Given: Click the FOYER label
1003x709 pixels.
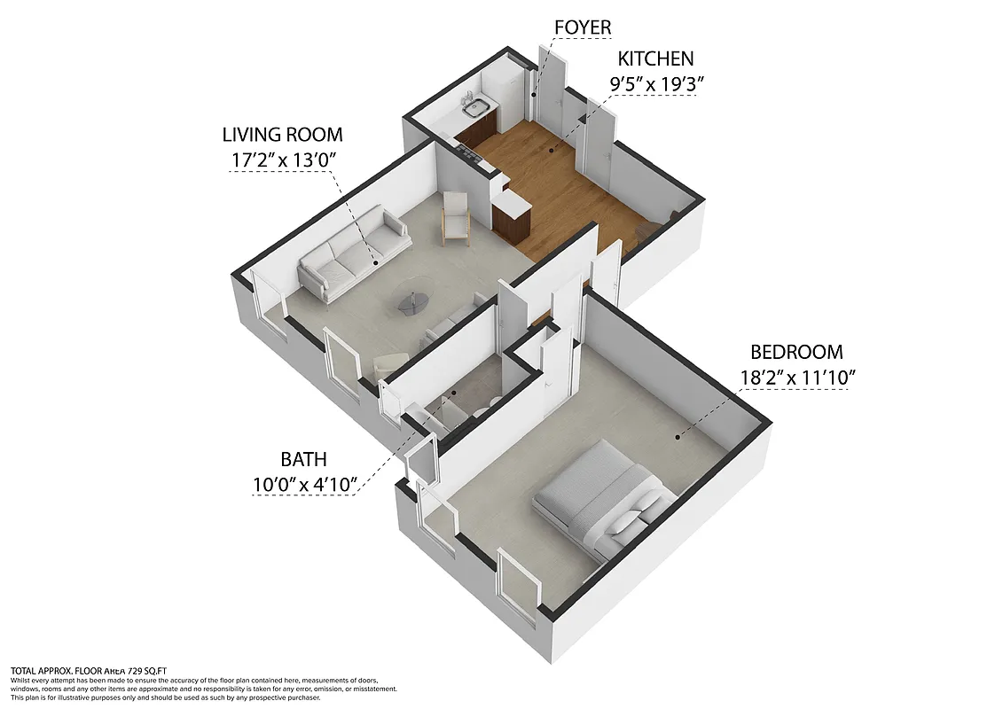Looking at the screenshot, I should tap(582, 27).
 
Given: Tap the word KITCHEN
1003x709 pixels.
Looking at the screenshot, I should tap(655, 59).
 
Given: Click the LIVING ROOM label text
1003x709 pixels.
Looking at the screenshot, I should tap(282, 135).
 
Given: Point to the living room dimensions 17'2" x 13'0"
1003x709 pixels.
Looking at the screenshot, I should tap(282, 160).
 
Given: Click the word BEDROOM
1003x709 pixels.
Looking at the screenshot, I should tap(796, 352).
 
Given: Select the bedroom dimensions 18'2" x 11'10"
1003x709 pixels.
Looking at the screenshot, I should tap(796, 377).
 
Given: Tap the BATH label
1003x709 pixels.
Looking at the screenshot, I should tap(304, 459).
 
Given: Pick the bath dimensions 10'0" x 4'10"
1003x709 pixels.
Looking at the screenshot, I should tap(304, 484).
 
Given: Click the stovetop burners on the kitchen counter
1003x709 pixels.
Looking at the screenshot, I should tap(466, 152).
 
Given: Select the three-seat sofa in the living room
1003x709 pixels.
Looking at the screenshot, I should tap(353, 252).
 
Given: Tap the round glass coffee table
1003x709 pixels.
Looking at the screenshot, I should tap(412, 302).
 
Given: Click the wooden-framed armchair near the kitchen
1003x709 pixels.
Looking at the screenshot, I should tap(456, 216).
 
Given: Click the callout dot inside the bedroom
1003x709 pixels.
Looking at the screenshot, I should tap(678, 436).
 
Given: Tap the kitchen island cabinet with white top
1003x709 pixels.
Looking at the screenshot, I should tap(512, 217).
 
